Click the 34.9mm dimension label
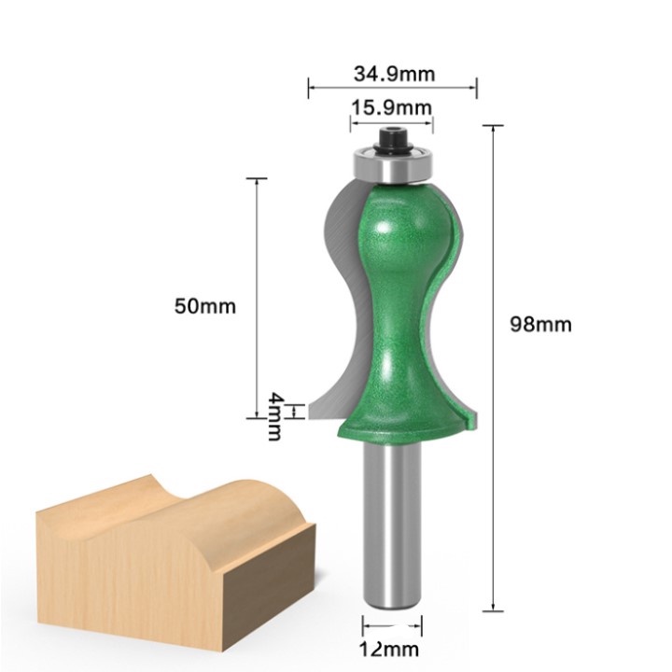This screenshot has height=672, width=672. pos(393,73)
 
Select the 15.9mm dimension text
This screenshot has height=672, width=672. pos(391,107)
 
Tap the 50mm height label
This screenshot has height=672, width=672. pos(205,305)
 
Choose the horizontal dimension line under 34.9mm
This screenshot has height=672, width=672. pos(393,89)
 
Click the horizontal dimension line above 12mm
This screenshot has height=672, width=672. pos(393,625)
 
